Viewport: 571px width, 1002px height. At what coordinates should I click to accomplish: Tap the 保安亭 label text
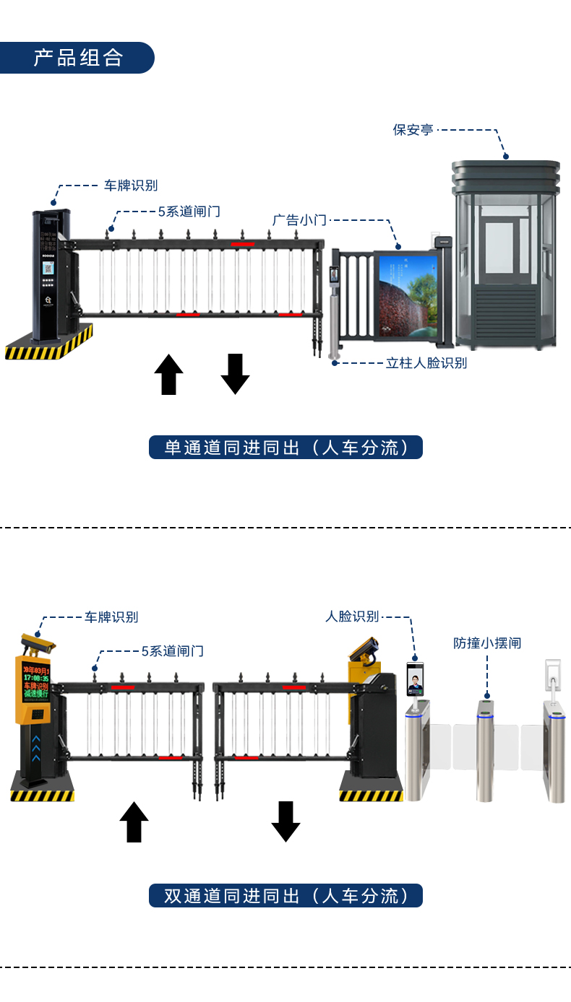coord(413,130)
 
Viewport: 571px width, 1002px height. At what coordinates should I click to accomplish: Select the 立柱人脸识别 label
coord(426,363)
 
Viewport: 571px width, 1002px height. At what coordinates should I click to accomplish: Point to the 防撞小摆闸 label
coord(487,642)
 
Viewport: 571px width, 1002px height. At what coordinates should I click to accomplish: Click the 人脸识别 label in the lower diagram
coord(352,617)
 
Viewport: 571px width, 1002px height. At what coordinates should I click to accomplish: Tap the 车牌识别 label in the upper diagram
coord(131,186)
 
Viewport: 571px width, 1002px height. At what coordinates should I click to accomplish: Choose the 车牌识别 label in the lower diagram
coord(111,617)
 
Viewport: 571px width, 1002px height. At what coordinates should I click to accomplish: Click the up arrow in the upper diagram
coord(169,375)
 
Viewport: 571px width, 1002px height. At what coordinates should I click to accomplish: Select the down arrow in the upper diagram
coord(235,374)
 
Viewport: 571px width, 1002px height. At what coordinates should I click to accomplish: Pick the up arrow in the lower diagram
coord(134,822)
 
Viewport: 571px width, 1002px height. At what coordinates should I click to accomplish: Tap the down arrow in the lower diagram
coord(285,822)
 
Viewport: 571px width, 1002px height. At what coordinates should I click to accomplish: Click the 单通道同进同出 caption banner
coord(285,448)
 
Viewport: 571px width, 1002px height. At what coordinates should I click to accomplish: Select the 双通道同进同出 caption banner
coord(285,896)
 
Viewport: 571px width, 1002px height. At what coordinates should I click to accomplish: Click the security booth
coord(507,253)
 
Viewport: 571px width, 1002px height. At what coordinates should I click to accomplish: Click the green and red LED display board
coord(35,679)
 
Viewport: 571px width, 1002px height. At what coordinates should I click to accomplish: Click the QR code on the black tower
coord(50,267)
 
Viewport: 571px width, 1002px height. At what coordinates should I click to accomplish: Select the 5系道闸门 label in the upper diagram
coord(189,212)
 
